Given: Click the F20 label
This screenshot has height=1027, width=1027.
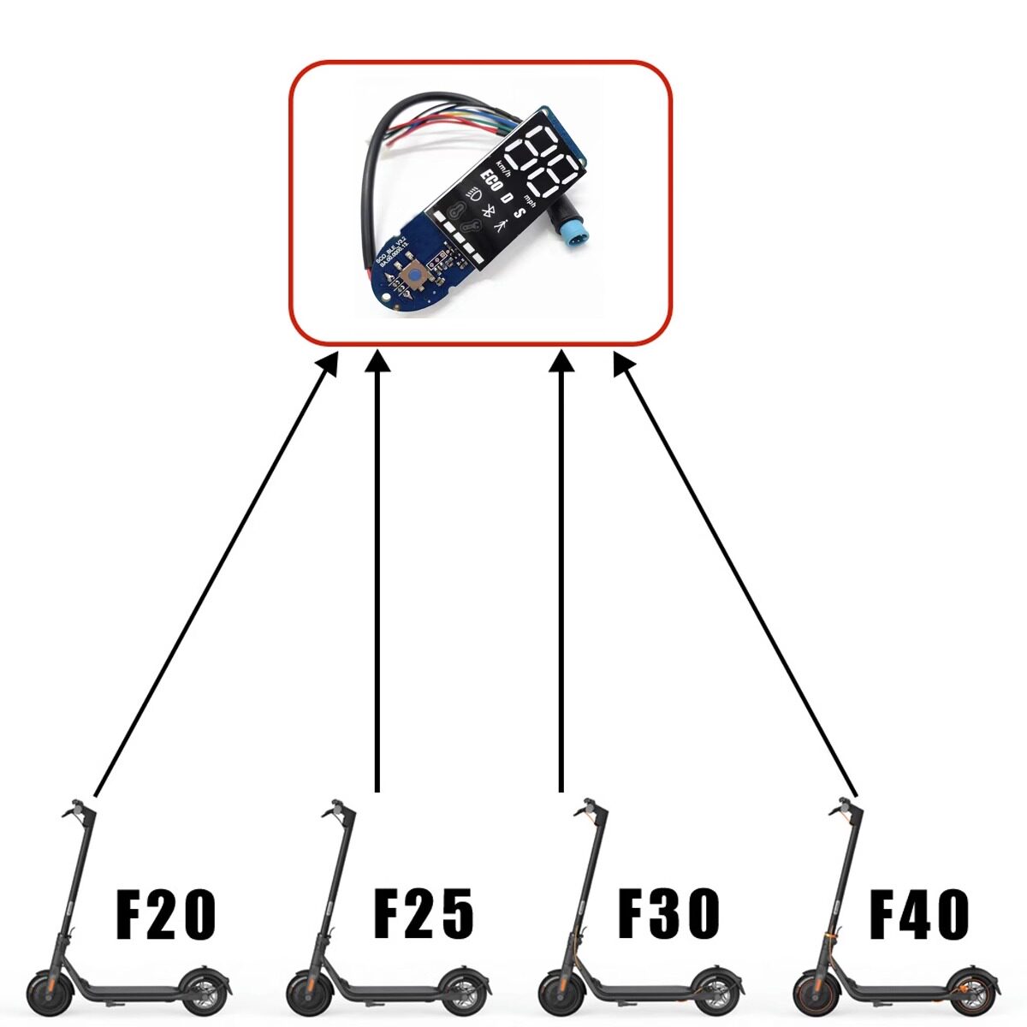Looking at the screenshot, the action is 165,915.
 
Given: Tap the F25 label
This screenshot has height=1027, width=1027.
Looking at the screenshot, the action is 424,915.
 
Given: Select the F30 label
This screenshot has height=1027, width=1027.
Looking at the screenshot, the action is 668,915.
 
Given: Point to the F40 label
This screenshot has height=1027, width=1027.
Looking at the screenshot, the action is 920,915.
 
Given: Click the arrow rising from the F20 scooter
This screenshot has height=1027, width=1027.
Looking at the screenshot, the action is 214,573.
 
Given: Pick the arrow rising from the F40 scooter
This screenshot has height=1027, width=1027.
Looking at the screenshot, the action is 736,573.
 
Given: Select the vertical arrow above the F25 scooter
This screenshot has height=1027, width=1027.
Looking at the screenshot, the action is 377,573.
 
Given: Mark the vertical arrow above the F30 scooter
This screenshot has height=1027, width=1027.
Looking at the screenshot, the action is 561,573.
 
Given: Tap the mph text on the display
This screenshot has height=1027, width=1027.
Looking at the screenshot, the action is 531,202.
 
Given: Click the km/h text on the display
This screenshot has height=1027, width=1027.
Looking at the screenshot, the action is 502,169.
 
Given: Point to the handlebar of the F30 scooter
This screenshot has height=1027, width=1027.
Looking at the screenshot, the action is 591,809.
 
